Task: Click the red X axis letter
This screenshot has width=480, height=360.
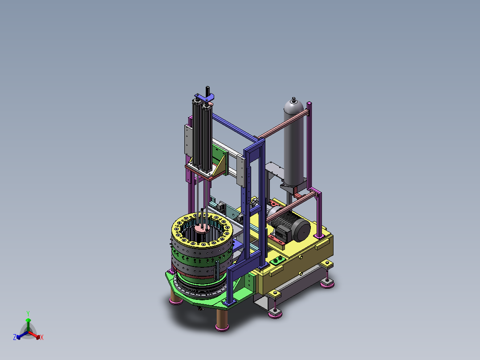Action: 42,337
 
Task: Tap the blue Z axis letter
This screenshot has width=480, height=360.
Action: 15,337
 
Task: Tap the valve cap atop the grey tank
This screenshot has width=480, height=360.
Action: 294,100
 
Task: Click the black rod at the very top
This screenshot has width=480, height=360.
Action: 207,91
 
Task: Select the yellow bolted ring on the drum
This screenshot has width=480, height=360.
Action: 202,228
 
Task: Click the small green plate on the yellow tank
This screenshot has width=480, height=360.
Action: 278,261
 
